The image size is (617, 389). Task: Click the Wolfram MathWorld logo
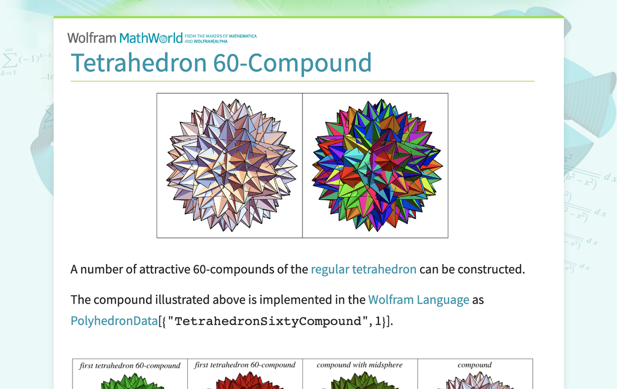point(124,38)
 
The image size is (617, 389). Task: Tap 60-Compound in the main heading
point(292,63)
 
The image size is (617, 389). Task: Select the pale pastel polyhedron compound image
point(230,165)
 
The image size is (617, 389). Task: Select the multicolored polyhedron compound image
point(376,165)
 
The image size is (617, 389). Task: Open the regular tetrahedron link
point(363,269)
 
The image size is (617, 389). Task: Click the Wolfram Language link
point(418,299)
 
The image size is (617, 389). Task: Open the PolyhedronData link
point(114,321)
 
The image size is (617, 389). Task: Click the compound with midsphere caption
point(359,365)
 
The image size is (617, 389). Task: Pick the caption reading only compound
point(475,365)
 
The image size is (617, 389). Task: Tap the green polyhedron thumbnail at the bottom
point(130,383)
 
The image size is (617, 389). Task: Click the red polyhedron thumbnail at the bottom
point(245,383)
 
